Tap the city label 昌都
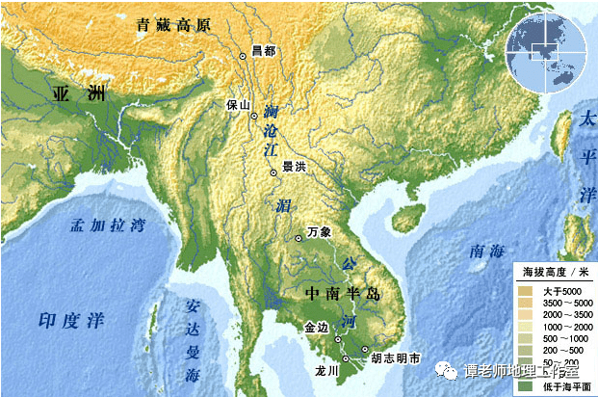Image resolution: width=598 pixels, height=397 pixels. pos(263,49)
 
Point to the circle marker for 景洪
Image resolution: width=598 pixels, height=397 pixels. pos(273,172)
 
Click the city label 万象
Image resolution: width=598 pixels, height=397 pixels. pos(319,232)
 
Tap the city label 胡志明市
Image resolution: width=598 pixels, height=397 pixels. pos(395,358)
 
